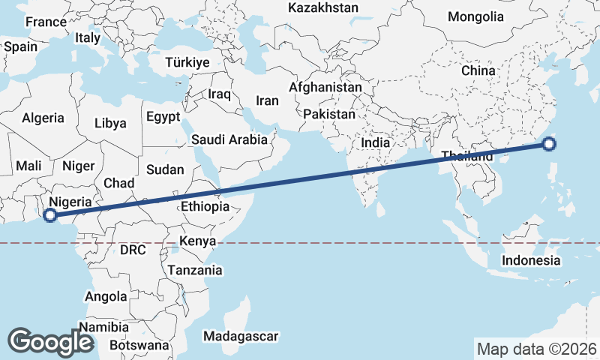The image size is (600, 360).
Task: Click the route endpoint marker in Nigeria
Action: [50, 216]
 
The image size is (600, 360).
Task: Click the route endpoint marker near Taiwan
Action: [549, 145]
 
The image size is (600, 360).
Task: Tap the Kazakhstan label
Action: [323, 7]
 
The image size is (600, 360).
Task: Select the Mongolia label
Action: [475, 16]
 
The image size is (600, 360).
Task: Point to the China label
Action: [478, 70]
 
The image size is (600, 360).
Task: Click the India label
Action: [375, 142]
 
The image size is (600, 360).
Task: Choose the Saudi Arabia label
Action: [229, 139]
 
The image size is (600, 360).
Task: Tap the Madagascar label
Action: [241, 336]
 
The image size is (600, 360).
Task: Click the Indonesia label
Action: [531, 260]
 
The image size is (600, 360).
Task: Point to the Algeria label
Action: [43, 118]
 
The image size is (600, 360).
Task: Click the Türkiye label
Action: [187, 62]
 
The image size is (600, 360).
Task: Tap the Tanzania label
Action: [195, 270]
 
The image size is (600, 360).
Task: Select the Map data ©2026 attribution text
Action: [537, 349]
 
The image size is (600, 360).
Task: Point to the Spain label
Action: [20, 46]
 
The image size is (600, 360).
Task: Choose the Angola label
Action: [106, 296]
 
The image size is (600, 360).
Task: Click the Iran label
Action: [267, 100]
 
